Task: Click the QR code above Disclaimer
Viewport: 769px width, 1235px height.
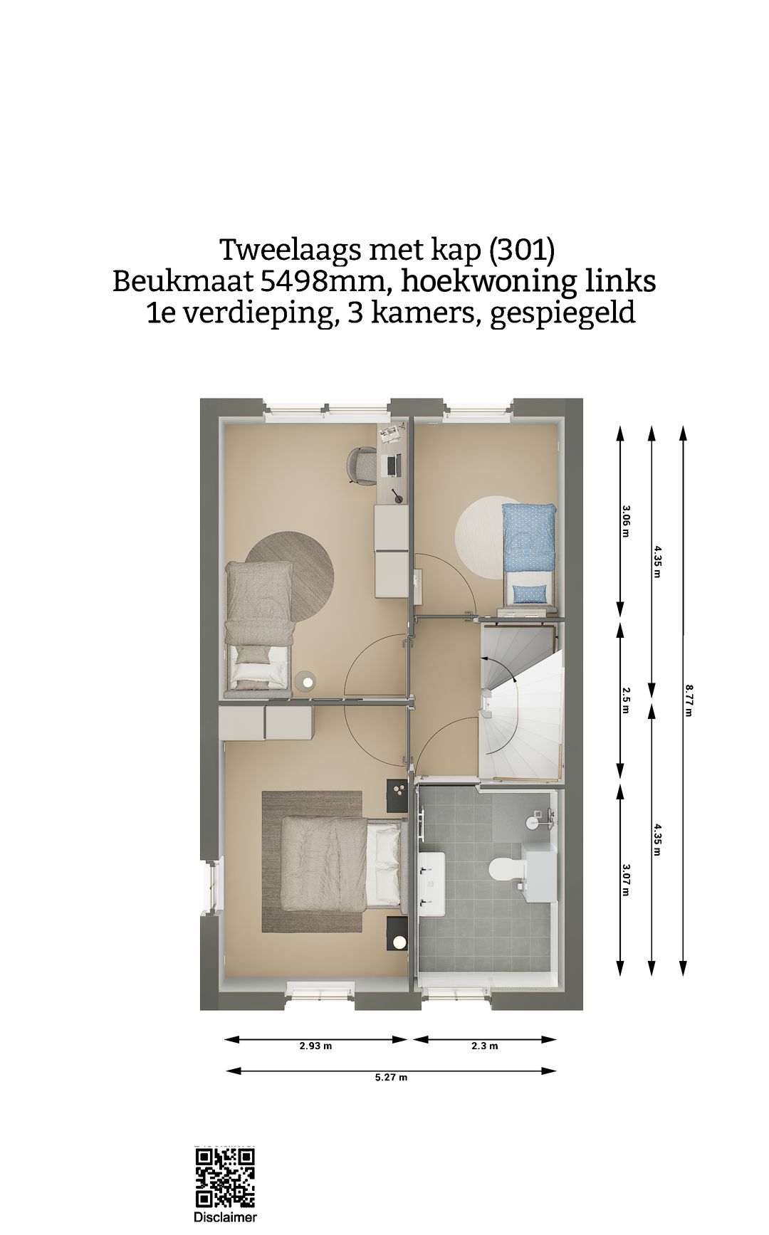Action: [225, 1177]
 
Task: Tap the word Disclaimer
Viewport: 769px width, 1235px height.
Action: [225, 1218]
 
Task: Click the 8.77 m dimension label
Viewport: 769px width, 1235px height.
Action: [689, 700]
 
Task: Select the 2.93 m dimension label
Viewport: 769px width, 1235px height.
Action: [315, 1046]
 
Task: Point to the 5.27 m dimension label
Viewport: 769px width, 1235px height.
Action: [391, 1077]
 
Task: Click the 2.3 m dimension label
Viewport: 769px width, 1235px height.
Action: [484, 1046]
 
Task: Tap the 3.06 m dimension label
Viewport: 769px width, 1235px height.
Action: [626, 520]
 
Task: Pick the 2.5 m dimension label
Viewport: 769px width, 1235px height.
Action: [626, 700]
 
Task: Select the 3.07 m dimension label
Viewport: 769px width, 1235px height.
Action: [626, 879]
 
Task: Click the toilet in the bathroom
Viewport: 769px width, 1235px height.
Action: [506, 868]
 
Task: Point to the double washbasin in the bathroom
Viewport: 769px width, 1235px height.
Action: [431, 883]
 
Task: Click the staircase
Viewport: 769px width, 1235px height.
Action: [520, 701]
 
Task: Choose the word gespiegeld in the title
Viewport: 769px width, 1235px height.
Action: [562, 313]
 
